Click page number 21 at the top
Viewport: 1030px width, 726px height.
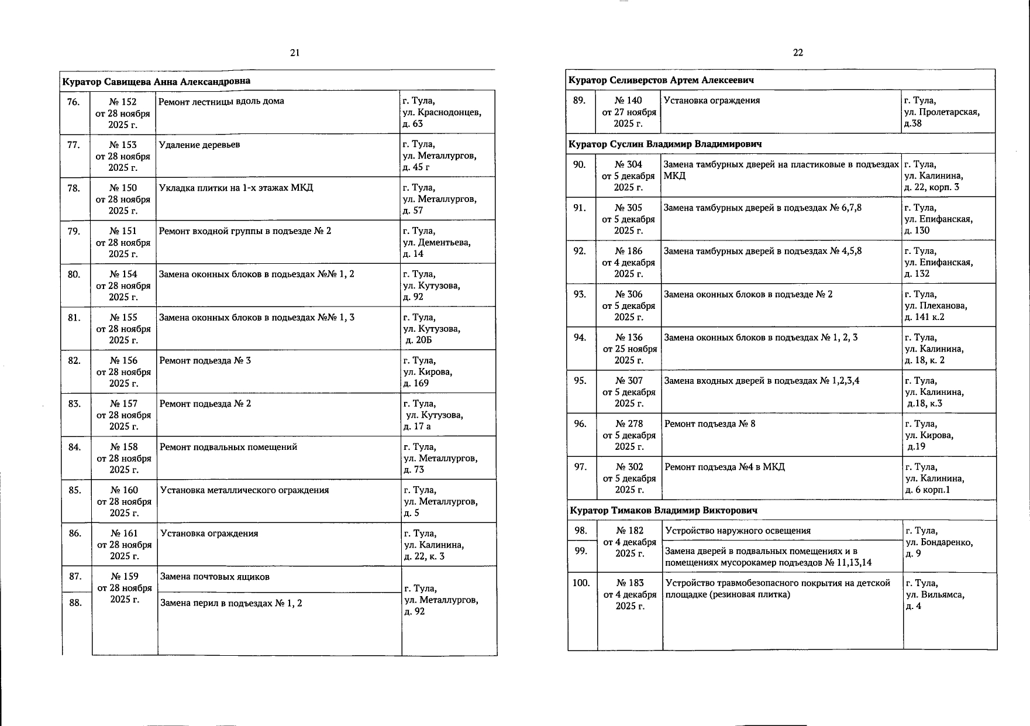click(x=295, y=53)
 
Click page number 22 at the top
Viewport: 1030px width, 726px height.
click(x=798, y=53)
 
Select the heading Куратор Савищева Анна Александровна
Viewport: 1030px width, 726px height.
click(x=156, y=81)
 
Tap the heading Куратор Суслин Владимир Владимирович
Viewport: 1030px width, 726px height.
click(x=666, y=144)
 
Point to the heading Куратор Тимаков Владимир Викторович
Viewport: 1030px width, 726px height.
click(x=663, y=511)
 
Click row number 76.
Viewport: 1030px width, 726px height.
click(x=73, y=102)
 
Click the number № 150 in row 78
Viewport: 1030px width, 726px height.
click(x=123, y=188)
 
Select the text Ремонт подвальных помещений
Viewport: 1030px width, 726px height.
click(x=229, y=448)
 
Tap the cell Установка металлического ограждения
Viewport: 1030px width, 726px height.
click(x=244, y=491)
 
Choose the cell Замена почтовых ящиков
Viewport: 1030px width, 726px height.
click(x=215, y=577)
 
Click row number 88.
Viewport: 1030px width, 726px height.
click(x=75, y=603)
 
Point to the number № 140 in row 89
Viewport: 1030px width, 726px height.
click(x=628, y=101)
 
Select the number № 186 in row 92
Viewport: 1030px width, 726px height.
click(x=629, y=252)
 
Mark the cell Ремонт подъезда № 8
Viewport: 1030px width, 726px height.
click(x=710, y=424)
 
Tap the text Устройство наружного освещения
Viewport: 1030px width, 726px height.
click(x=738, y=531)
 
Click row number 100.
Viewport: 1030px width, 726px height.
click(x=581, y=583)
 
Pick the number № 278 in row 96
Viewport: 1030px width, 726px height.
click(x=629, y=424)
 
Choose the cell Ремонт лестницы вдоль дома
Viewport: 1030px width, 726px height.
click(x=222, y=101)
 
